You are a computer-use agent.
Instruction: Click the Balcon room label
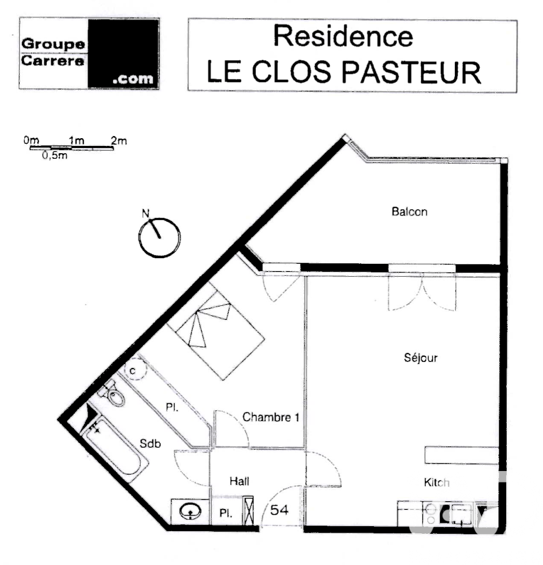[409, 211]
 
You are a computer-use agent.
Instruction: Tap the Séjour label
[420, 358]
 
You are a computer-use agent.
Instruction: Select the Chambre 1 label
[270, 418]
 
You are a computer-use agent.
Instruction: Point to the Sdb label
[150, 443]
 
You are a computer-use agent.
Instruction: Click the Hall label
[239, 481]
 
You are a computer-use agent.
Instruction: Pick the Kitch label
[437, 482]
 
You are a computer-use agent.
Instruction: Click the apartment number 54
[279, 510]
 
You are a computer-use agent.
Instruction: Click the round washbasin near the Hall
[190, 512]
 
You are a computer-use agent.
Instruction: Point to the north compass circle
[159, 238]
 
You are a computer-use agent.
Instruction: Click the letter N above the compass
[145, 213]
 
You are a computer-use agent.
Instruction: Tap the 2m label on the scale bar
[119, 141]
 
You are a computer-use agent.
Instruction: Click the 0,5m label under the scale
[55, 155]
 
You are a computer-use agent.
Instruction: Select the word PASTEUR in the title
[411, 72]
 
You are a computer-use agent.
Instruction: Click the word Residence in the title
[343, 36]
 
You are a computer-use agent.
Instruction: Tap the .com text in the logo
[133, 79]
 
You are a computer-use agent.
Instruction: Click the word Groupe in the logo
[53, 44]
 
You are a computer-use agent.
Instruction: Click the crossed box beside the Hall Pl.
[248, 510]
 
